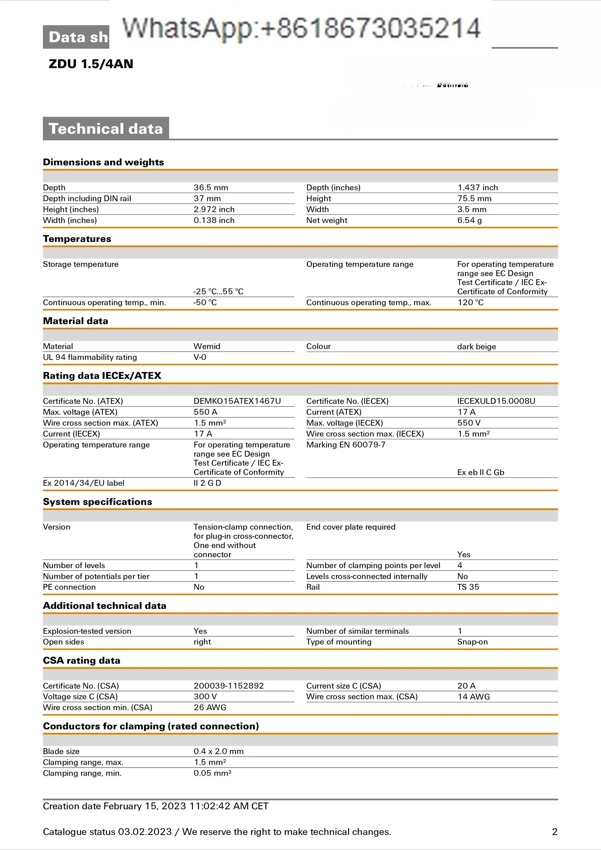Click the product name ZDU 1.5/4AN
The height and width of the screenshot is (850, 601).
(x=91, y=64)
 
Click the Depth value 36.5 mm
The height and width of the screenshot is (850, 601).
(x=211, y=188)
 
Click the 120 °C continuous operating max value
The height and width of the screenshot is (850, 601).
(x=470, y=302)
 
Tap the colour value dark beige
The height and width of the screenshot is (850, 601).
(x=476, y=347)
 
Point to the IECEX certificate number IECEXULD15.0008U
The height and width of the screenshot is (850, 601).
(x=496, y=401)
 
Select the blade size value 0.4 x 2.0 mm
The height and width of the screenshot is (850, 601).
(x=218, y=751)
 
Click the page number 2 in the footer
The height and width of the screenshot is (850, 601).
(x=554, y=832)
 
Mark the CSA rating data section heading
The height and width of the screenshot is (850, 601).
(x=81, y=660)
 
